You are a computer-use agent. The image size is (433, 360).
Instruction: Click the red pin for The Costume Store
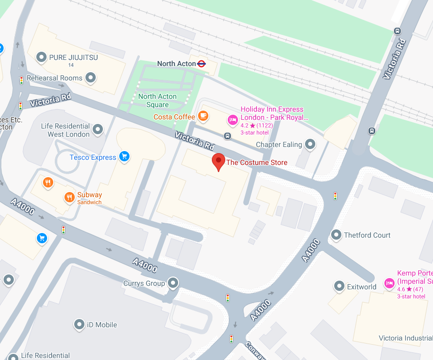[x=219, y=161]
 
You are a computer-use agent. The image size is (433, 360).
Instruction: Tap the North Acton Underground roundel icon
[x=202, y=63]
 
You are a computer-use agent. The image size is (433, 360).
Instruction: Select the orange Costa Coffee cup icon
[x=203, y=116]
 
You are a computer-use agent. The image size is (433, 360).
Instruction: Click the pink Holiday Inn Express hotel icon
[x=232, y=120]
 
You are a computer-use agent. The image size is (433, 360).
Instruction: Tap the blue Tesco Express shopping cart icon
[x=124, y=157]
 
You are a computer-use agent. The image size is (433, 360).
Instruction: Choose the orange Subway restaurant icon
[x=69, y=197]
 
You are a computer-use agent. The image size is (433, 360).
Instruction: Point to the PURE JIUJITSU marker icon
[x=41, y=57]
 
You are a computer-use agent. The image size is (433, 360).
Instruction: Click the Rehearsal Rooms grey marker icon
[x=91, y=78]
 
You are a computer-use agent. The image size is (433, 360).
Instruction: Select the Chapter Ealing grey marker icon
[x=310, y=144]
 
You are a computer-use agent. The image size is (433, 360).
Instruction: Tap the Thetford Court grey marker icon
[x=336, y=235]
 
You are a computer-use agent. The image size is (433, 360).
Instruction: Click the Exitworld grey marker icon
[x=338, y=287]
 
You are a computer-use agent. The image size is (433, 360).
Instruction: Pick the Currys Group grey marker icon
[x=173, y=283]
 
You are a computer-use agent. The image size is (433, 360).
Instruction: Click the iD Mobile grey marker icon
[x=79, y=324]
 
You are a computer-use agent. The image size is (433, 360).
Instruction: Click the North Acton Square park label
[x=157, y=100]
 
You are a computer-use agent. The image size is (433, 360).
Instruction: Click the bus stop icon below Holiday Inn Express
[x=227, y=136]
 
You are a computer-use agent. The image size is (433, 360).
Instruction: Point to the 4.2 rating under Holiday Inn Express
[x=245, y=125]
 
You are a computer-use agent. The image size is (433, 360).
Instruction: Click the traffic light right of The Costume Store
[x=335, y=196]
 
